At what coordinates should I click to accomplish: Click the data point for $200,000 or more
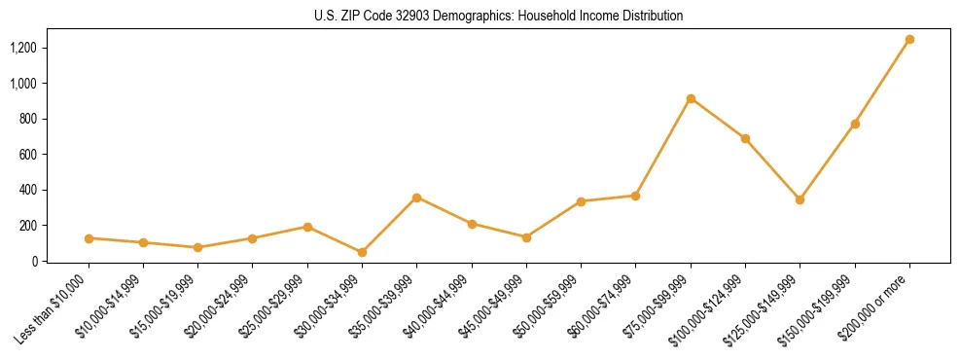(x=909, y=40)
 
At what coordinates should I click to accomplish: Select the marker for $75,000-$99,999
(x=691, y=98)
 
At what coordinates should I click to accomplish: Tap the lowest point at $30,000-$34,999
(x=362, y=252)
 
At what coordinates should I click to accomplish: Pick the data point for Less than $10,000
(x=89, y=238)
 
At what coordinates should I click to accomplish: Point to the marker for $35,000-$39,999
(x=416, y=198)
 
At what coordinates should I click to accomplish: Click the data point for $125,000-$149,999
(x=800, y=199)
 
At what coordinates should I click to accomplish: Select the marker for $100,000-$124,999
(x=745, y=138)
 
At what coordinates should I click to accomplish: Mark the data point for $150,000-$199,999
(x=855, y=124)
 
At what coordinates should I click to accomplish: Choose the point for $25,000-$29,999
(x=307, y=227)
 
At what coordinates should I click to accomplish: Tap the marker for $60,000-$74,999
(x=635, y=196)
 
